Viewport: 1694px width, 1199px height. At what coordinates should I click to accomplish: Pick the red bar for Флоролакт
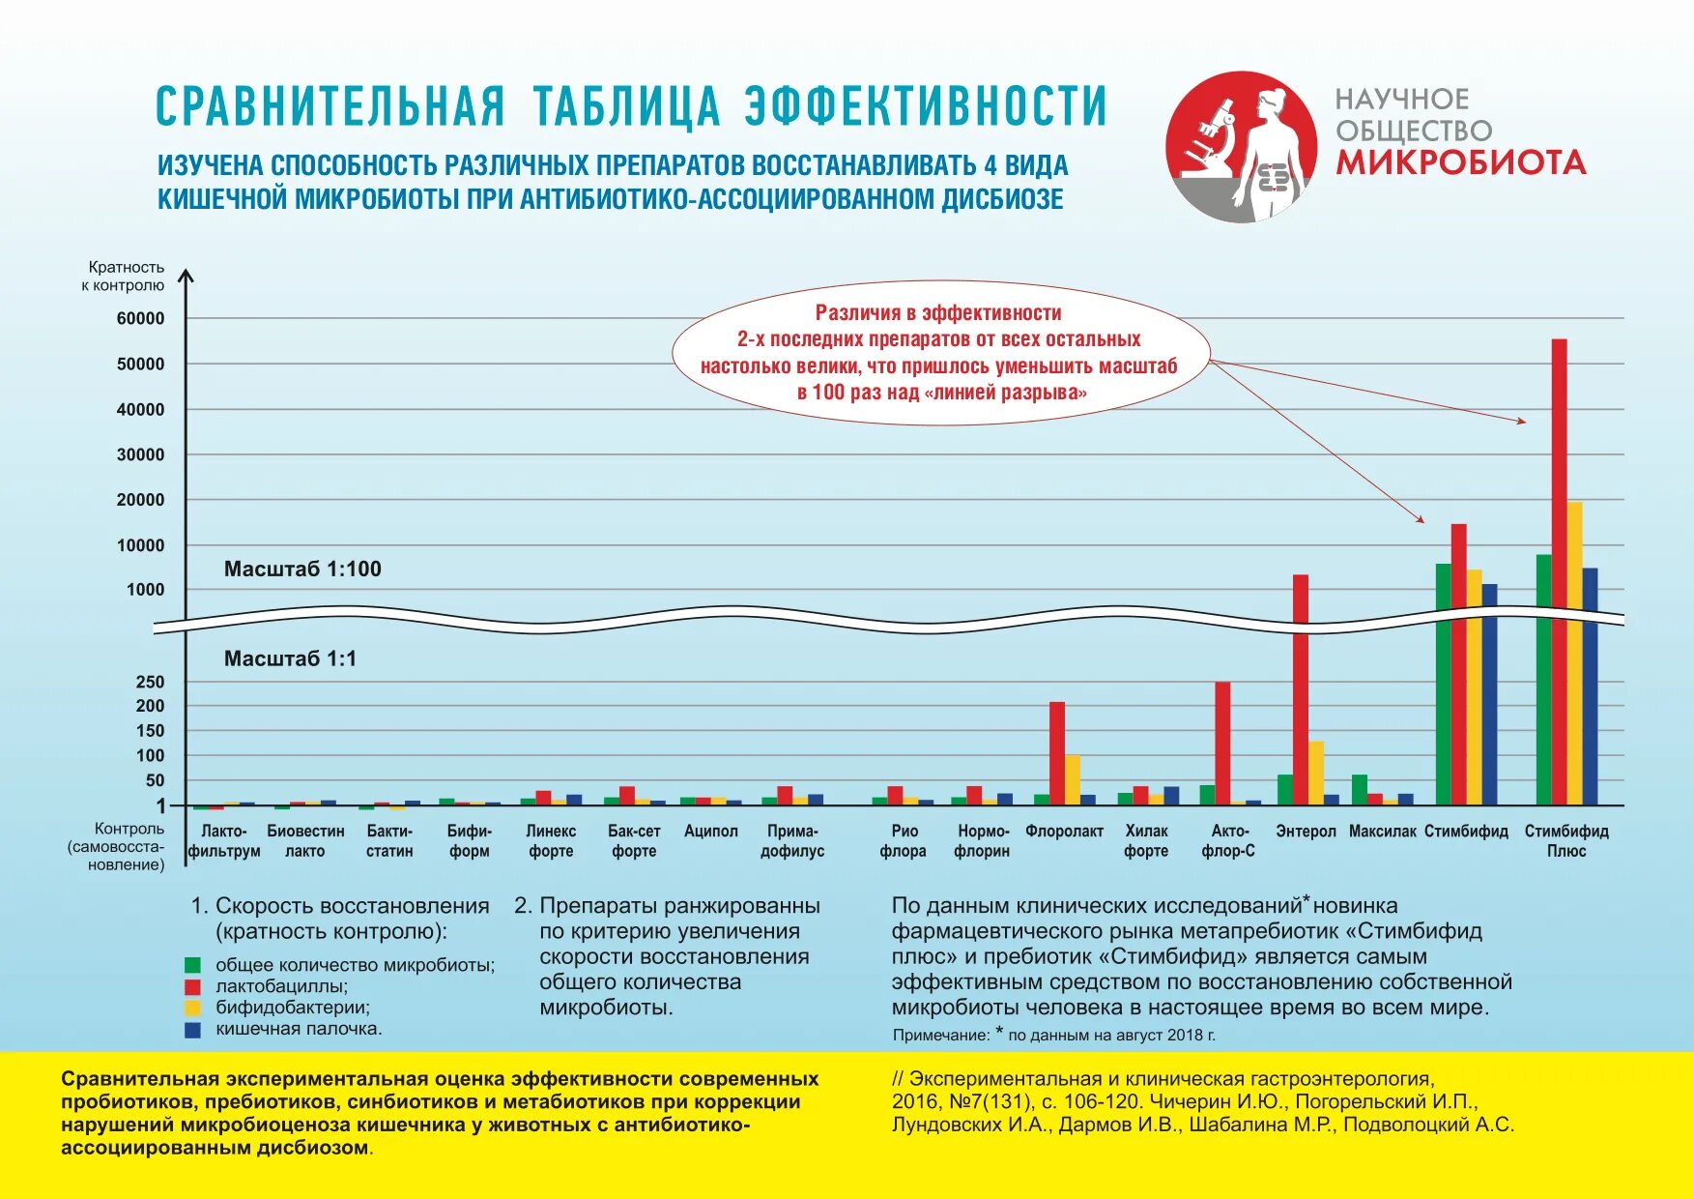1057,753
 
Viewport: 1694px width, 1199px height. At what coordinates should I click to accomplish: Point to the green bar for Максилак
1360,789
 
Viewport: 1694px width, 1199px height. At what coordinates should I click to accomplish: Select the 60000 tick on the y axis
141,318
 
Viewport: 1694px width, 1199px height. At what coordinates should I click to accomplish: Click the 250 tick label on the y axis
150,682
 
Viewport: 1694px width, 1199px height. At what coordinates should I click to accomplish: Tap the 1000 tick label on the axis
145,590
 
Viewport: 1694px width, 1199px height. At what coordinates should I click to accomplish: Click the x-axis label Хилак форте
1146,841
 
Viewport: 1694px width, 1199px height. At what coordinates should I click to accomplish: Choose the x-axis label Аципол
710,832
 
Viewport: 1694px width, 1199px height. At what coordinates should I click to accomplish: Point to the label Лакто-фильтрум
224,841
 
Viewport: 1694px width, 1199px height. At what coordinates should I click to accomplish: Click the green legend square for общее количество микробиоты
193,964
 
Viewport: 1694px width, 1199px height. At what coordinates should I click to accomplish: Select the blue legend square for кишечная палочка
193,1030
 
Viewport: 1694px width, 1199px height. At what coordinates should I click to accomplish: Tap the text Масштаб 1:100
302,569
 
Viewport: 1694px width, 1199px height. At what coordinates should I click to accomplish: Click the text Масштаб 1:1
290,658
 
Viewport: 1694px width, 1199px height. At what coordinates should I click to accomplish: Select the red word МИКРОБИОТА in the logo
1460,162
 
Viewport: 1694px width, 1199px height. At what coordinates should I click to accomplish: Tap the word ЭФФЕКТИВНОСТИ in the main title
925,106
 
